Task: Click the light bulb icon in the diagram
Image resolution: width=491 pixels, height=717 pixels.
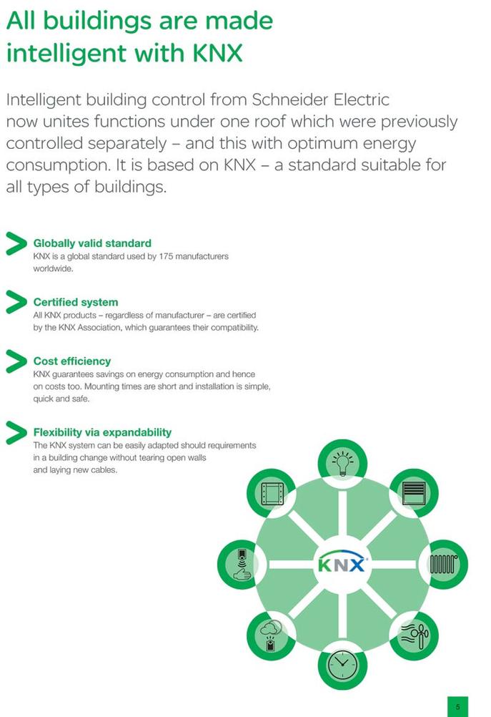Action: click(342, 462)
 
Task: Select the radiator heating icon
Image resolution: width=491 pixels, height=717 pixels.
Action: click(444, 565)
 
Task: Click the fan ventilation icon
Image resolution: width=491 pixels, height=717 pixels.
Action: click(415, 635)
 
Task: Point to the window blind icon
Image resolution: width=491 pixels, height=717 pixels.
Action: click(414, 493)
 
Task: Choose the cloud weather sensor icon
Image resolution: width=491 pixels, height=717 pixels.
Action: click(271, 635)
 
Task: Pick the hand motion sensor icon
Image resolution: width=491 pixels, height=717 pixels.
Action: click(242, 565)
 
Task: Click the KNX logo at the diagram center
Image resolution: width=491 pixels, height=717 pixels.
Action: click(342, 562)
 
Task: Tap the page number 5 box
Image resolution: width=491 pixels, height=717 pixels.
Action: click(457, 706)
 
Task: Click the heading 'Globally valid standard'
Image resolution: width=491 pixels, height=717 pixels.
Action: click(92, 243)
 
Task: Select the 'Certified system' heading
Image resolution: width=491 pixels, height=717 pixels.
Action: click(76, 302)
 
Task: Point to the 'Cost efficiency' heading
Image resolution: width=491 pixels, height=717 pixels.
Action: click(72, 361)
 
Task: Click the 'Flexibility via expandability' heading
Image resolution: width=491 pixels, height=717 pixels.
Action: click(102, 433)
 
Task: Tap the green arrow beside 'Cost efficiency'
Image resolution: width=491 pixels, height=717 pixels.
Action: click(16, 361)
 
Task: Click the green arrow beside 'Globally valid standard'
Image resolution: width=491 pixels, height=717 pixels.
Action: click(16, 243)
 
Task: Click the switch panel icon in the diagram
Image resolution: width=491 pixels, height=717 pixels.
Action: click(272, 494)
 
